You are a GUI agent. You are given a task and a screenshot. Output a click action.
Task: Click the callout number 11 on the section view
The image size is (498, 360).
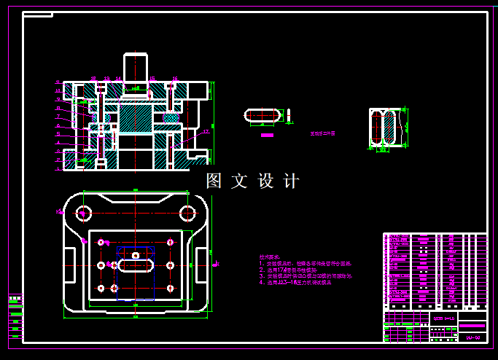tap(58, 82)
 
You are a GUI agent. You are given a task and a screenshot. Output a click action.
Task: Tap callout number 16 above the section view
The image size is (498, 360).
tap(175, 79)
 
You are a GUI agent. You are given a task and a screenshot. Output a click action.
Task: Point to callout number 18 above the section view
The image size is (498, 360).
tap(93, 79)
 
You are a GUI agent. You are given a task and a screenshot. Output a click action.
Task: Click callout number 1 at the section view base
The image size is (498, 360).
tap(58, 168)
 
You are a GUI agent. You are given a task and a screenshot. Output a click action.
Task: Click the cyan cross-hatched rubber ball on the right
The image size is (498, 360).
tap(171, 117)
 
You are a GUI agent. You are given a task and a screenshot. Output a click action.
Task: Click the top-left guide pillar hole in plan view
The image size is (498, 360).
tap(84, 213)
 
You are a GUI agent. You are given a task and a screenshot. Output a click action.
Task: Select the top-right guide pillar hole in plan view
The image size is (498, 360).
tap(187, 213)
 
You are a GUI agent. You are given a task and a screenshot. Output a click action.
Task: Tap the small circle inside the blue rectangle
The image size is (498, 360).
tap(135, 256)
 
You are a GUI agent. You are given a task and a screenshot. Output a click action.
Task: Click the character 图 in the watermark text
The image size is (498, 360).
tap(214, 181)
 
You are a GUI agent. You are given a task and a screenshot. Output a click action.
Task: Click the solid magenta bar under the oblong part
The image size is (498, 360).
tap(267, 135)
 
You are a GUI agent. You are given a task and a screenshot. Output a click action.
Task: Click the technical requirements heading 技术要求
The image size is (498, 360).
tap(269, 257)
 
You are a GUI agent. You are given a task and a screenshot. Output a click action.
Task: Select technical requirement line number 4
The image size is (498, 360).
tap(295, 282)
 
